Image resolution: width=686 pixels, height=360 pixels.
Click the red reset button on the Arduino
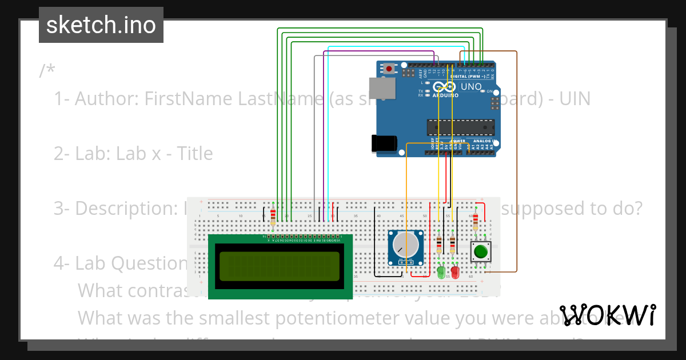tap(389, 69)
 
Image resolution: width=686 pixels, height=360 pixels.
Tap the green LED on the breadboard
tap(441, 273)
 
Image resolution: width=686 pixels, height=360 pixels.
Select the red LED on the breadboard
tap(455, 273)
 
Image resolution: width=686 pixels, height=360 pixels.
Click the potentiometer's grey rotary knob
tap(406, 246)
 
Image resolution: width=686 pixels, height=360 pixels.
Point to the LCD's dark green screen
tap(276, 266)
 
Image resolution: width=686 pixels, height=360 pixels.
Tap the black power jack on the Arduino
tap(384, 143)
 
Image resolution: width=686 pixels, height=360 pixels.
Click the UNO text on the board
tap(472, 87)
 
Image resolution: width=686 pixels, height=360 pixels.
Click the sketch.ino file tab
tap(101, 25)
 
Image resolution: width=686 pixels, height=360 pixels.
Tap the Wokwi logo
tap(608, 315)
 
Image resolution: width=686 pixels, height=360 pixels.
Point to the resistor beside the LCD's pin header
tap(273, 215)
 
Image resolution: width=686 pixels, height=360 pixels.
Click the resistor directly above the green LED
tap(439, 244)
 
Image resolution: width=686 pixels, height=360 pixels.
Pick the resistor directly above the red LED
tap(453, 244)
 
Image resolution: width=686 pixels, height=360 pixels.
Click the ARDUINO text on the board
tap(445, 95)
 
